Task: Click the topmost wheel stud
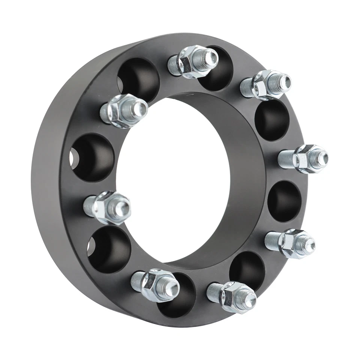[x=193, y=61]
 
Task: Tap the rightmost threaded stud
[x=304, y=159]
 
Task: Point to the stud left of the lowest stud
[x=155, y=284]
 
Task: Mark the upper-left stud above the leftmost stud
[x=124, y=111]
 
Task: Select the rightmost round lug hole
[x=285, y=201]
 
